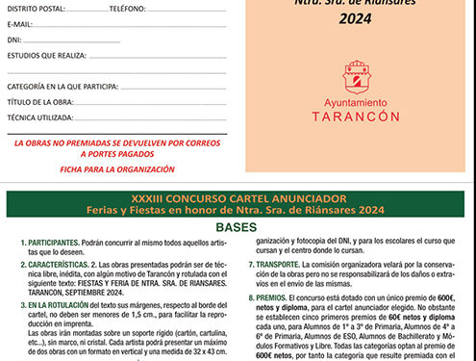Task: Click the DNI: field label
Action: tap(15, 39)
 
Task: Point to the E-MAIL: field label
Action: tap(20, 23)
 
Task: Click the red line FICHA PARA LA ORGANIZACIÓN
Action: tap(117, 169)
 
